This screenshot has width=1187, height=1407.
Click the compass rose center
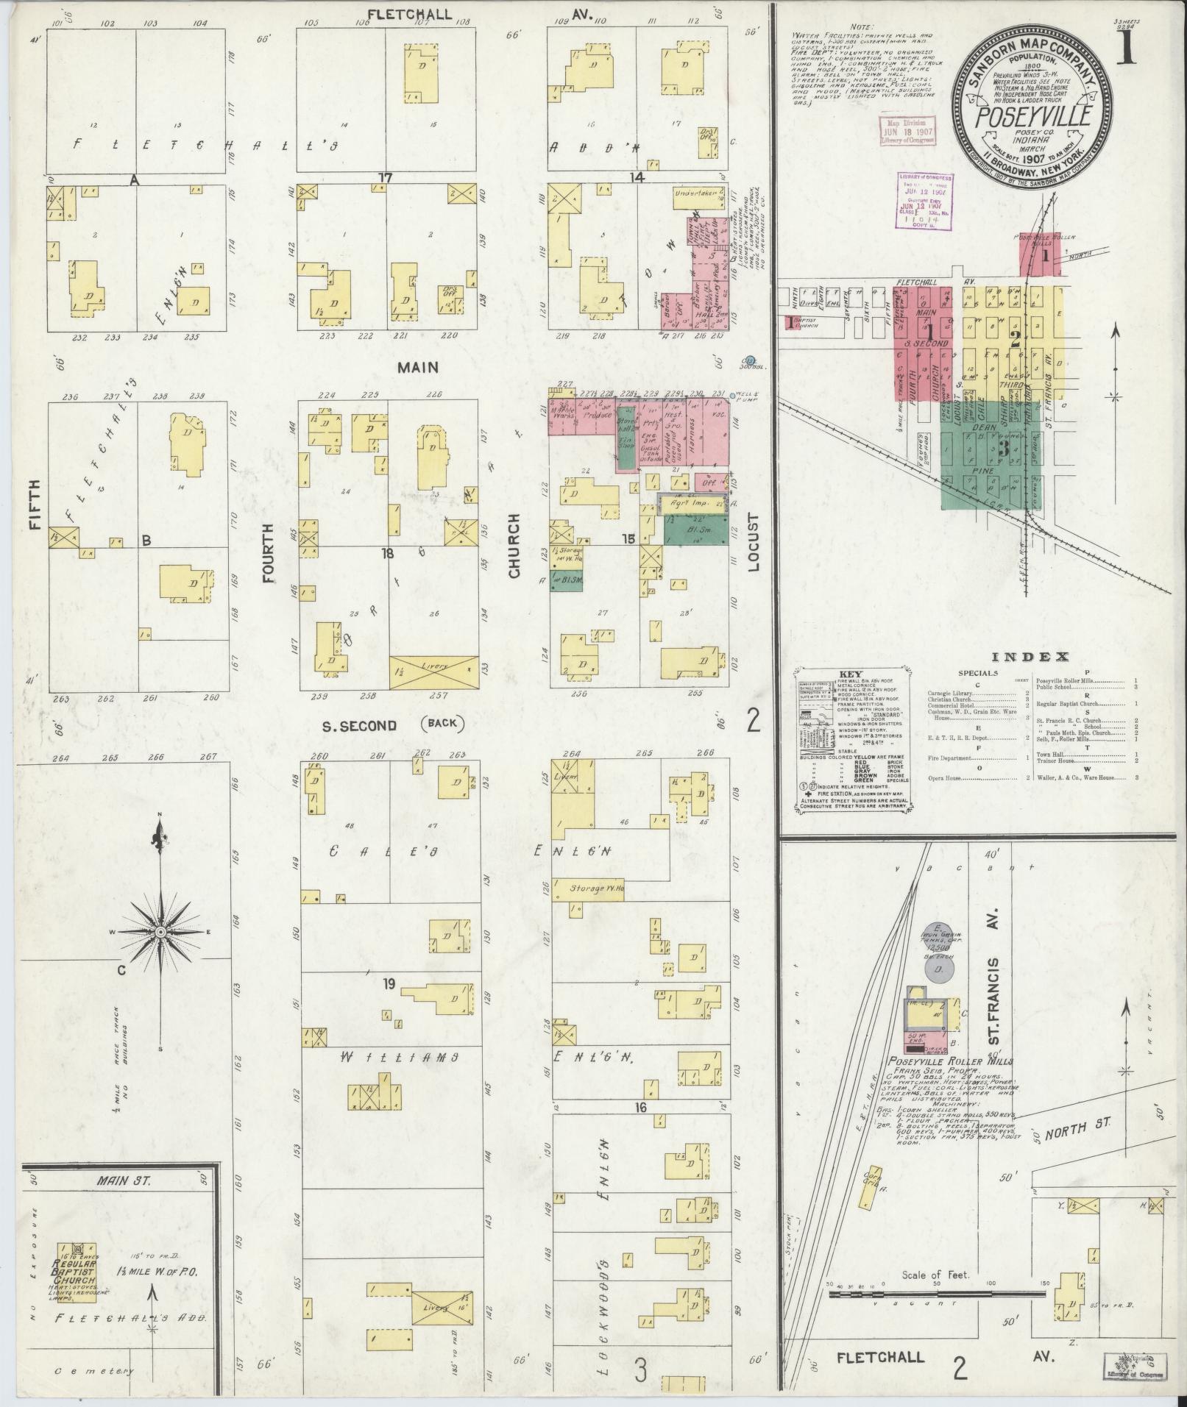point(160,932)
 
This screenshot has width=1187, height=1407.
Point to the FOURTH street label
point(267,553)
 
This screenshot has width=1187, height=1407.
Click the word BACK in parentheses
point(439,723)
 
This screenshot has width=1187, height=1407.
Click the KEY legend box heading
point(851,674)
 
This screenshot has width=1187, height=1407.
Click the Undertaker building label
point(695,195)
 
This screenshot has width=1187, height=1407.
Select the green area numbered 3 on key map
point(982,449)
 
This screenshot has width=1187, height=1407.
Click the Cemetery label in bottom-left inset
point(94,1371)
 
